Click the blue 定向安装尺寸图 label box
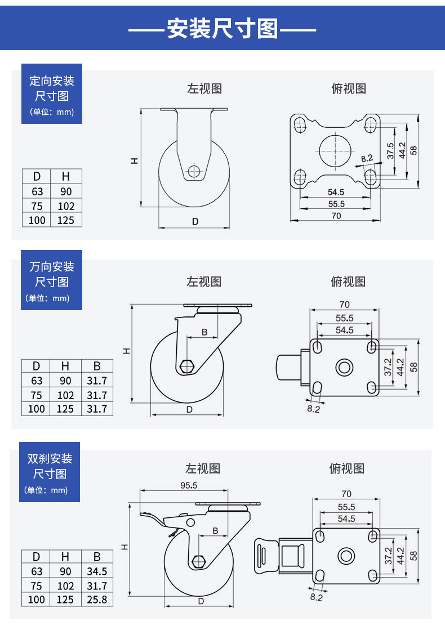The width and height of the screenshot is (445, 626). [52, 93]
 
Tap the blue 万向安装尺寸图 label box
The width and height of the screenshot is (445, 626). [52, 280]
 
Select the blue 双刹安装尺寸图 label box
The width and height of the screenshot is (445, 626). [51, 472]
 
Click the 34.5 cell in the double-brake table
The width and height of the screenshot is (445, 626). [97, 571]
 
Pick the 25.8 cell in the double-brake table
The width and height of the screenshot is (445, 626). [97, 600]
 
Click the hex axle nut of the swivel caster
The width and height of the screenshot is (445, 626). [186, 366]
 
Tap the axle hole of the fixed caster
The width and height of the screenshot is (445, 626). [194, 171]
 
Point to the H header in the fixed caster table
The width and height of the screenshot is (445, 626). [66, 177]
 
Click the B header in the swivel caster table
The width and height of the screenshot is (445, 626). [96, 366]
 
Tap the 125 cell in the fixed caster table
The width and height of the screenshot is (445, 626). [66, 220]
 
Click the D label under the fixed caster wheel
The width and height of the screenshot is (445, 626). [195, 222]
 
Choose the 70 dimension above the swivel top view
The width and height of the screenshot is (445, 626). [344, 305]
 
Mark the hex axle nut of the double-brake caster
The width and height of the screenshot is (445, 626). [198, 561]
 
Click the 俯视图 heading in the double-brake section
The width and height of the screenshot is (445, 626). [347, 468]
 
